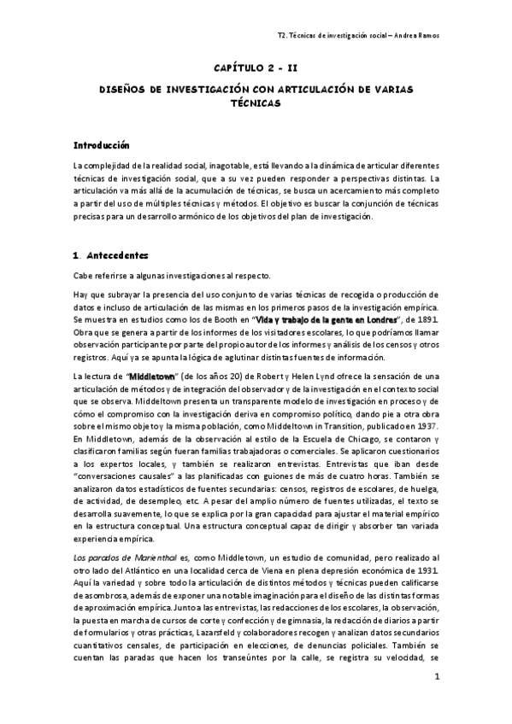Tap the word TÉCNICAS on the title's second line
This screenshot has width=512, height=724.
tap(255, 102)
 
